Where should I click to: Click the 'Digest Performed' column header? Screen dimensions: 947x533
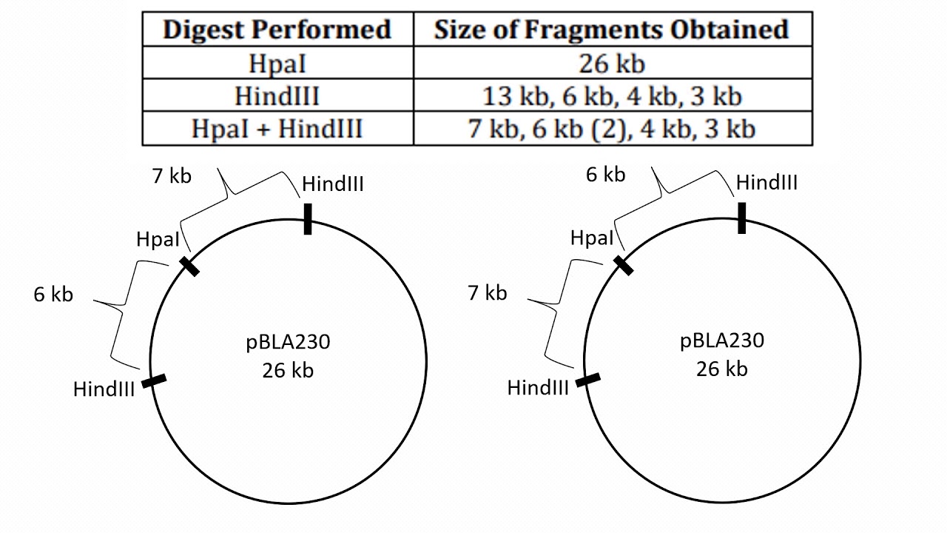click(277, 29)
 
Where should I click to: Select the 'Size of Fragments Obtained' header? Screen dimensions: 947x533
click(611, 29)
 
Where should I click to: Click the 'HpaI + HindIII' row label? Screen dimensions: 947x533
click(277, 129)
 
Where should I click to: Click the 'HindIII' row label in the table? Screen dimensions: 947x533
click(277, 96)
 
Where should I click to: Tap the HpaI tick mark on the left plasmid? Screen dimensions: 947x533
click(189, 266)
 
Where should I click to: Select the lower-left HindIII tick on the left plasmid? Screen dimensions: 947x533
click(155, 381)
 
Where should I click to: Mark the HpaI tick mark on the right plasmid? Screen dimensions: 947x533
click(624, 265)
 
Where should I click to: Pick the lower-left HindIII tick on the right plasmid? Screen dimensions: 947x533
click(589, 380)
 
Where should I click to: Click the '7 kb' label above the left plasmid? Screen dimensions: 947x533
click(171, 176)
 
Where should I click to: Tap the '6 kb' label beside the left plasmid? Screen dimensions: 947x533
click(53, 294)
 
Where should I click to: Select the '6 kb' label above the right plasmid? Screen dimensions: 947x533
click(605, 175)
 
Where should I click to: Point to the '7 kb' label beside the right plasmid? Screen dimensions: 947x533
click(488, 292)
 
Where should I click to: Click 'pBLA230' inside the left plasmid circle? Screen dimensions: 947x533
click(288, 343)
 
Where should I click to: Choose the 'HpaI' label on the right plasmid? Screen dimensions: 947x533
click(592, 238)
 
